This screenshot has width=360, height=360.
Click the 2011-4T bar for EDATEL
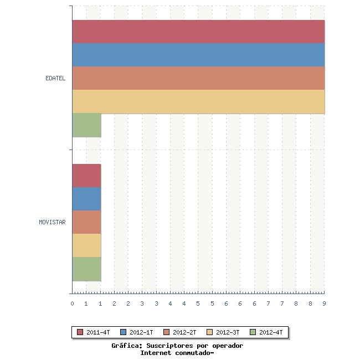[x=198, y=32]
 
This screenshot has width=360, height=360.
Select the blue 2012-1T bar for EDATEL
[x=198, y=55]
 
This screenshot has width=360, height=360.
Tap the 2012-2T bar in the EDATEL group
[x=198, y=78]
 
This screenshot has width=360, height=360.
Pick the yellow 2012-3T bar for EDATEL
[x=198, y=101]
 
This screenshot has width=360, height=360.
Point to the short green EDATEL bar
[x=86, y=125]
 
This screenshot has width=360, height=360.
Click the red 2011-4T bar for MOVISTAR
[x=86, y=176]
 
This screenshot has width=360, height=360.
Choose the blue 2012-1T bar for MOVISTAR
[x=86, y=199]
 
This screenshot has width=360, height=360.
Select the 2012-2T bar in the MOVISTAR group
[x=86, y=222]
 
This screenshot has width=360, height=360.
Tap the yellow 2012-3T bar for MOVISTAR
[x=86, y=245]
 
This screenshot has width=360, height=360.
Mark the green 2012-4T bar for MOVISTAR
[x=86, y=269]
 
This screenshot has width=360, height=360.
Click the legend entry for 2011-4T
[x=94, y=332]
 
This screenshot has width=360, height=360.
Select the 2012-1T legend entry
[x=137, y=332]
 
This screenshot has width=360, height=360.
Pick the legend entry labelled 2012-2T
[x=180, y=332]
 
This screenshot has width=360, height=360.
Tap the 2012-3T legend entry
[x=223, y=332]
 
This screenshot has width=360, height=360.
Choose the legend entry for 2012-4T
[x=266, y=332]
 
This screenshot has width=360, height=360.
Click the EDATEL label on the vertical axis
[x=55, y=78]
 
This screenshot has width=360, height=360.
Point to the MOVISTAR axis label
[x=52, y=223]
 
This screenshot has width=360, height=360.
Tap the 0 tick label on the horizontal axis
[x=72, y=304]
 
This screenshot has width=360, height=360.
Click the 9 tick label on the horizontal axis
[x=324, y=304]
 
